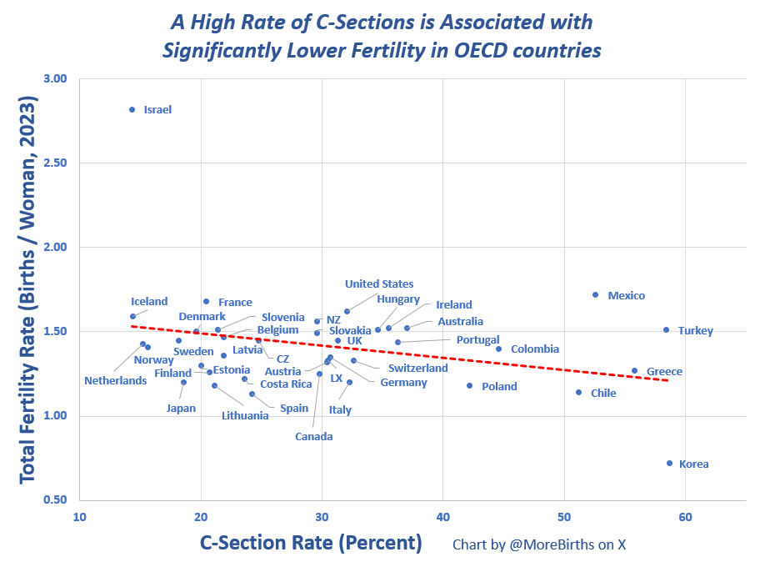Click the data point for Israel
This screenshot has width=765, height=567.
(x=132, y=109)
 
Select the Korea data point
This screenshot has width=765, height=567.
(x=669, y=463)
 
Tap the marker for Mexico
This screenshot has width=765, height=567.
(x=595, y=294)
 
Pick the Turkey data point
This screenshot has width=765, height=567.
(x=666, y=329)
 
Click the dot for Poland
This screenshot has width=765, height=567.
(x=470, y=385)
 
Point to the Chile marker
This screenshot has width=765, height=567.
(x=579, y=392)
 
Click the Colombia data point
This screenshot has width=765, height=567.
(x=499, y=349)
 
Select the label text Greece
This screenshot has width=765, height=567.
(x=664, y=372)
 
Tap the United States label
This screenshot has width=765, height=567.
(x=379, y=284)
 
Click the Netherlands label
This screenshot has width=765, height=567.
(x=115, y=381)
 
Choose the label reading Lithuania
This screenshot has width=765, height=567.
(x=245, y=415)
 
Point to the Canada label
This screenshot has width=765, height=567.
(x=313, y=436)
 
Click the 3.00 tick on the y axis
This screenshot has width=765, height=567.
(x=55, y=78)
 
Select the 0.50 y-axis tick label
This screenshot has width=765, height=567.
(x=55, y=499)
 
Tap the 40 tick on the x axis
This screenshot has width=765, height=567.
(x=442, y=516)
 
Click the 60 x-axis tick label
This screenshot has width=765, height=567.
(x=685, y=516)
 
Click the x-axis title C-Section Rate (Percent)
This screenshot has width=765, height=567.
(x=311, y=543)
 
